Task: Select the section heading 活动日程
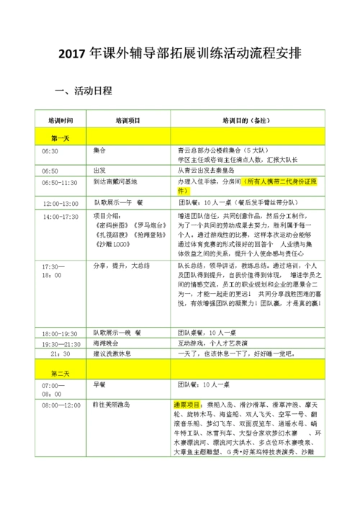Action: point(91,92)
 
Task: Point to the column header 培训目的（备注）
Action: point(248,121)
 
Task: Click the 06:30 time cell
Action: point(50,151)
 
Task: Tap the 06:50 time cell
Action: point(50,171)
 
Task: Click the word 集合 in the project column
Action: point(100,151)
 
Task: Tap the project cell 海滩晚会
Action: point(108,344)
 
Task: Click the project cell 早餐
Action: point(100,385)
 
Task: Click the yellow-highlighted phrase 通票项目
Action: point(189,406)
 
